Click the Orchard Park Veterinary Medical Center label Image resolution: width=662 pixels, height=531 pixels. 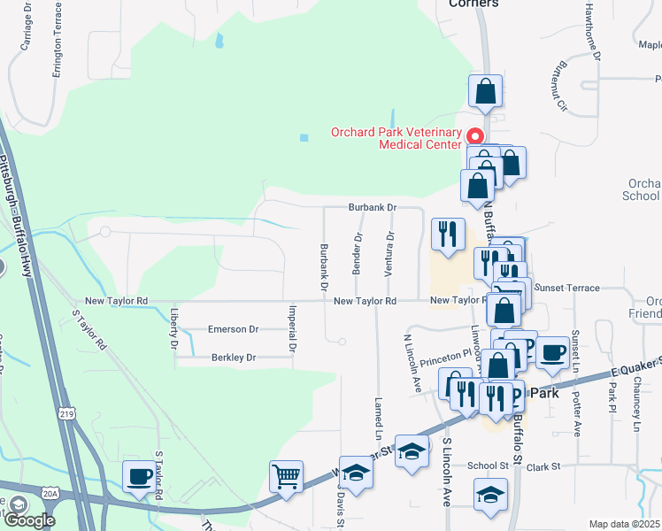(x=396, y=139)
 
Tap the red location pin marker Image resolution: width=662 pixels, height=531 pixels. (x=474, y=136)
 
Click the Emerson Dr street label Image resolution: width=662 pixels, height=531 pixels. (x=233, y=329)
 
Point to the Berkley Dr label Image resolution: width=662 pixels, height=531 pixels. (x=233, y=358)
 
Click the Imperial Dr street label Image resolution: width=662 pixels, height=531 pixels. (x=292, y=325)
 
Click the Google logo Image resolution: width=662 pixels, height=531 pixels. (x=29, y=520)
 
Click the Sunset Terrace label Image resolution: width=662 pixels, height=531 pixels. (x=567, y=289)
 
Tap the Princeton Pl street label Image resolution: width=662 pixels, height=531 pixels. (x=447, y=355)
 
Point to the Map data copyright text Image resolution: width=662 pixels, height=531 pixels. (x=624, y=524)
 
